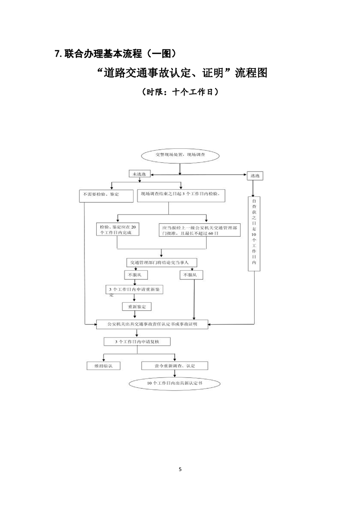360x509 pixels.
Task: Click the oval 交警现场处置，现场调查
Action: pyautogui.click(x=180, y=155)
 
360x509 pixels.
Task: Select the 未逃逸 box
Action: pyautogui.click(x=139, y=175)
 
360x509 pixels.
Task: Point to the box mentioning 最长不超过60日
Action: pyautogui.click(x=199, y=230)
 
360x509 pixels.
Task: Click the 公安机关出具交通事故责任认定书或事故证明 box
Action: pyautogui.click(x=152, y=324)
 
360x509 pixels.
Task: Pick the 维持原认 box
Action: pyautogui.click(x=104, y=365)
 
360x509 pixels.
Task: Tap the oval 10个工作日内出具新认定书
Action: pyautogui.click(x=175, y=383)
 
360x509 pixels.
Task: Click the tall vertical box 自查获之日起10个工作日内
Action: pyautogui.click(x=254, y=233)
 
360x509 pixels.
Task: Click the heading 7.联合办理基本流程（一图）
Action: pyautogui.click(x=115, y=54)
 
